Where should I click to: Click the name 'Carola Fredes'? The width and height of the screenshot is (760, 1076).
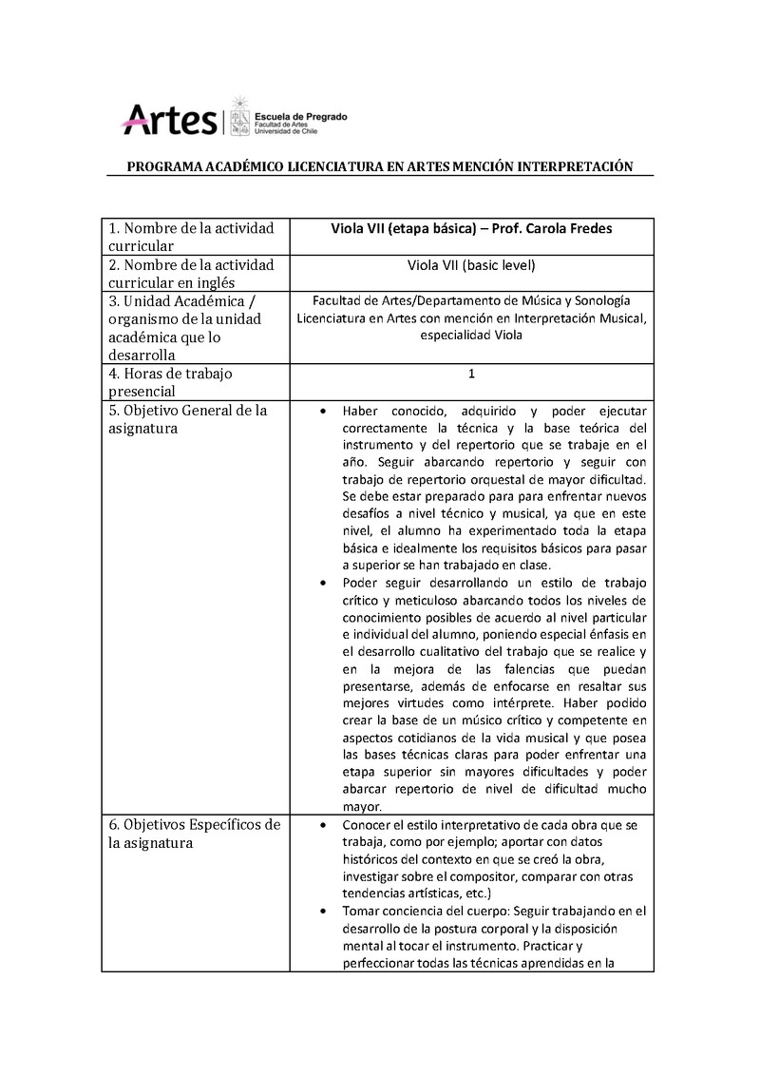pos(566,228)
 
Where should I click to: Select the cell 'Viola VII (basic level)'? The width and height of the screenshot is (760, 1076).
pos(471,265)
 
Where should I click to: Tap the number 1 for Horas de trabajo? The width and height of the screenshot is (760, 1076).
pos(471,375)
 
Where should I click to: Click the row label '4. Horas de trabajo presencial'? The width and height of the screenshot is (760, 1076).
pos(171,382)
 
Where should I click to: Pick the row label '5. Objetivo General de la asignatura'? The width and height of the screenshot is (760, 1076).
pos(187,420)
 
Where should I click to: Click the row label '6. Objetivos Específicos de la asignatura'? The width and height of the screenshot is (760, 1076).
pos(193,834)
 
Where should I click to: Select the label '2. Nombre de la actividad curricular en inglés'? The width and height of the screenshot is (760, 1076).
pos(191,273)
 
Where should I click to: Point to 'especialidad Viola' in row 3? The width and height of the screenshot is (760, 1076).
pos(471,335)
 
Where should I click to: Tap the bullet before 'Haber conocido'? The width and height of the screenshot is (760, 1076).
pos(324,412)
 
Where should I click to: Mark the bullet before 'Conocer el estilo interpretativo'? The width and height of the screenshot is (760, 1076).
pos(324,825)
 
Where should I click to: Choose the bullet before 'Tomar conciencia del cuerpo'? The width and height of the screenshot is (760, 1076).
pos(324,911)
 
